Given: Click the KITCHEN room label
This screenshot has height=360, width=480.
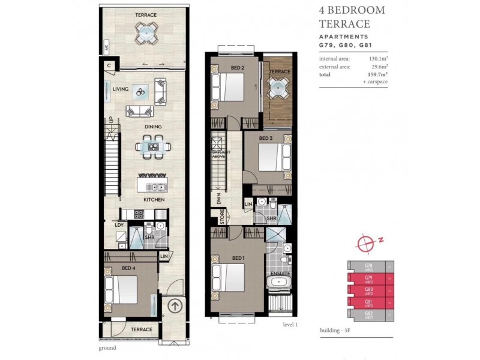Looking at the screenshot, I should coord(154,200).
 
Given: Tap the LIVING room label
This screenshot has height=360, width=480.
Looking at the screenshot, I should coord(121,89).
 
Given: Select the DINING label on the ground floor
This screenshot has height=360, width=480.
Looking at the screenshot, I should coord(154,127).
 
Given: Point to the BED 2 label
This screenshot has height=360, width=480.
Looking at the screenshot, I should coord(237,68).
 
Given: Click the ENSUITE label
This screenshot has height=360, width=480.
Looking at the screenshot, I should coord(280,272).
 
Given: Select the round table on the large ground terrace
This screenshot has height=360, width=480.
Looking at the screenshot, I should coord(146,34).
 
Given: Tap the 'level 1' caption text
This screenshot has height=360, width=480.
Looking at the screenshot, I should coord(290,324).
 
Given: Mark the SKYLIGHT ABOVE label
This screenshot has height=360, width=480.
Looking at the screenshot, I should coord(217,157).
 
